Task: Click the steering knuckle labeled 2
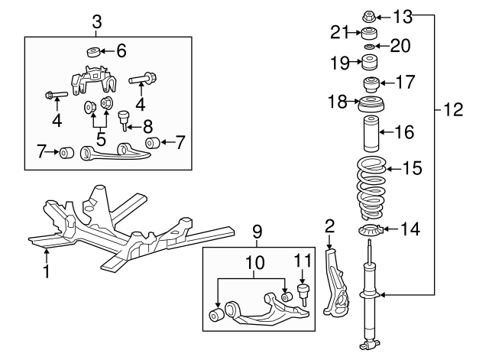tap(333, 283)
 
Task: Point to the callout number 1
tap(46, 271)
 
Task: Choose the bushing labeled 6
tap(92, 52)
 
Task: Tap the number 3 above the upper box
tap(96, 21)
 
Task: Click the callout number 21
tap(341, 31)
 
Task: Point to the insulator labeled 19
tap(368, 61)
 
